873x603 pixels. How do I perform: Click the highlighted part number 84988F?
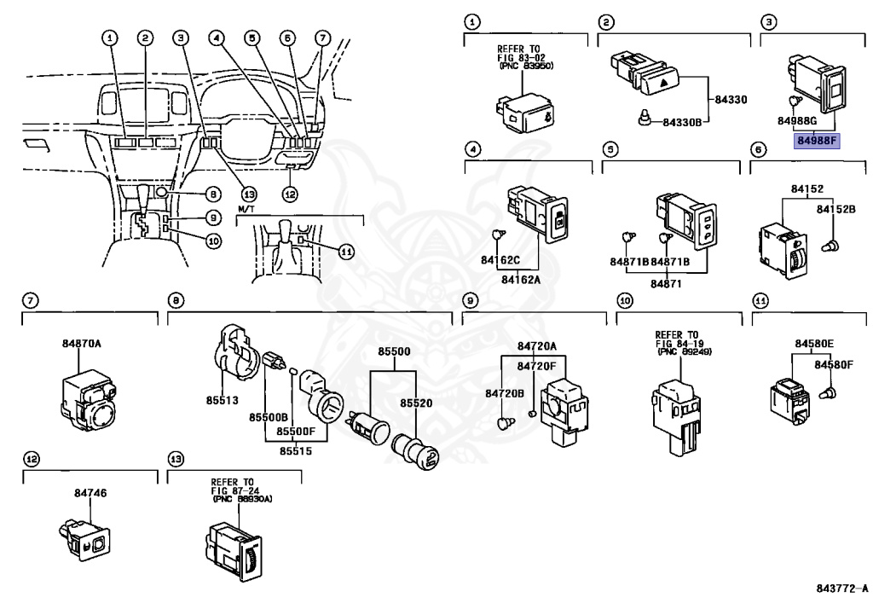[817, 141]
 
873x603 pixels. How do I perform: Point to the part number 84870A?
[81, 344]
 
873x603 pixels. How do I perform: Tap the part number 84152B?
[835, 209]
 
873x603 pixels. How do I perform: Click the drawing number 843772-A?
[840, 589]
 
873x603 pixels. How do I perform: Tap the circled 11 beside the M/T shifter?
[344, 252]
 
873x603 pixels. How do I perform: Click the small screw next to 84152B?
[827, 246]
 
